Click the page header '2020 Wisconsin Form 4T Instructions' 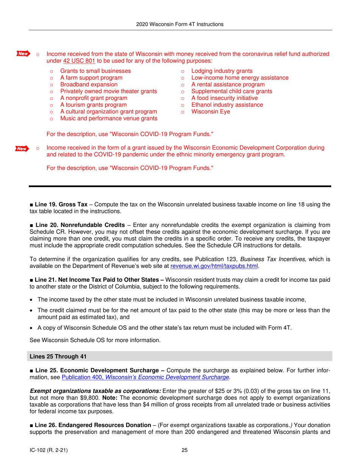(180, 24)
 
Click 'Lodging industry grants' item (222, 71)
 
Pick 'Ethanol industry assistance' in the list (227, 105)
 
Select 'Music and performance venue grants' (109, 119)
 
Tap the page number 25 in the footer (185, 450)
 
